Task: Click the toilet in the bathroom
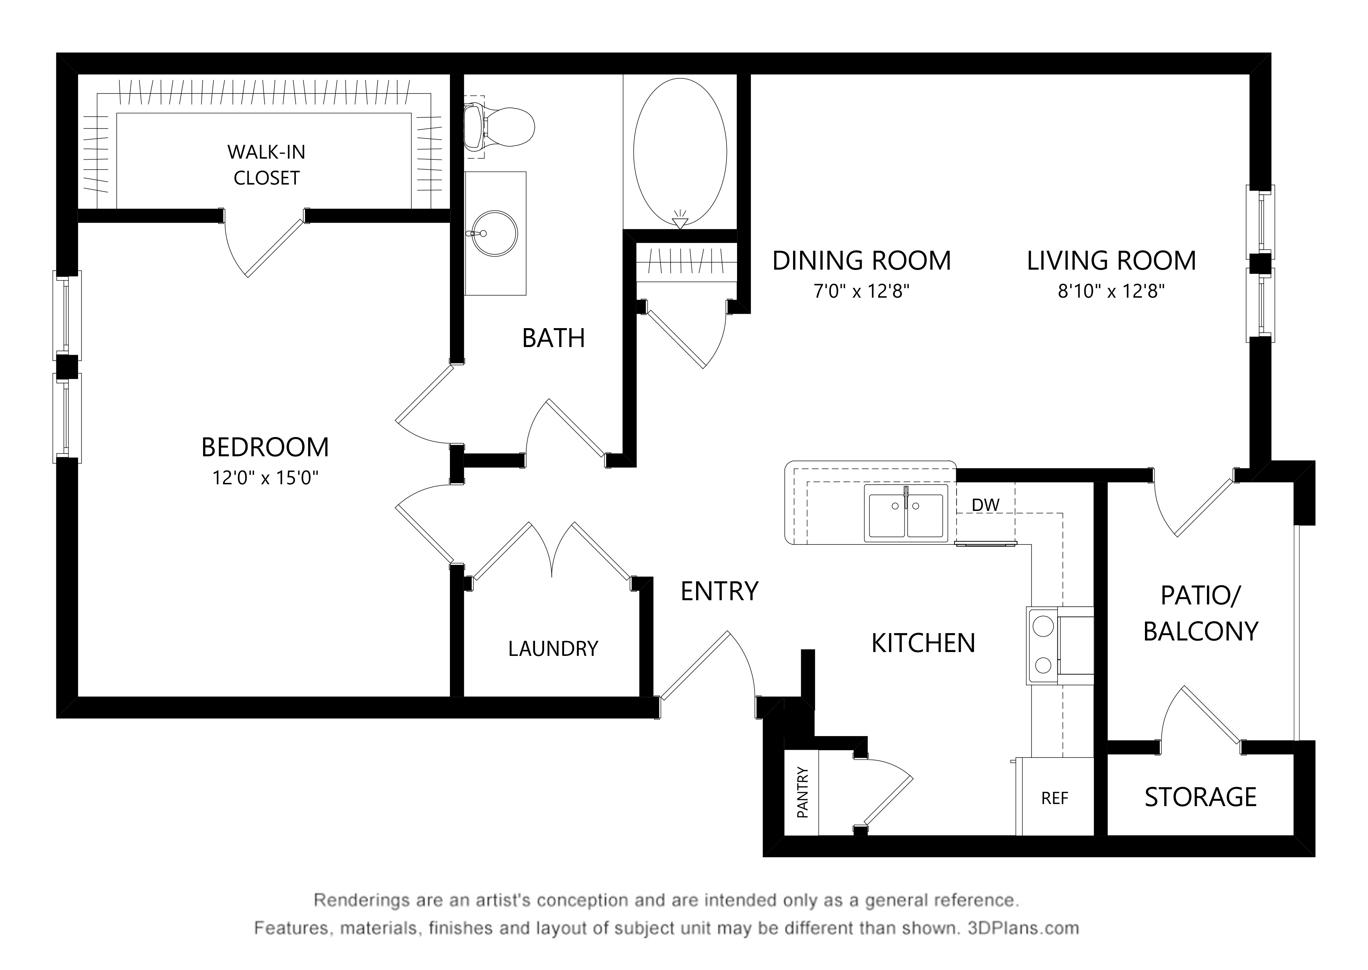click(500, 127)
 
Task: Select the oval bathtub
click(680, 152)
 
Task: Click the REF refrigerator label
click(1055, 798)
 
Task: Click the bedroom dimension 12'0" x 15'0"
click(265, 478)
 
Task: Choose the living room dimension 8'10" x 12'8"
click(1111, 291)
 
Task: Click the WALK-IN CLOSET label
click(266, 165)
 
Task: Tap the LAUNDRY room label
click(553, 649)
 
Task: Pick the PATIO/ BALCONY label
click(1200, 614)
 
